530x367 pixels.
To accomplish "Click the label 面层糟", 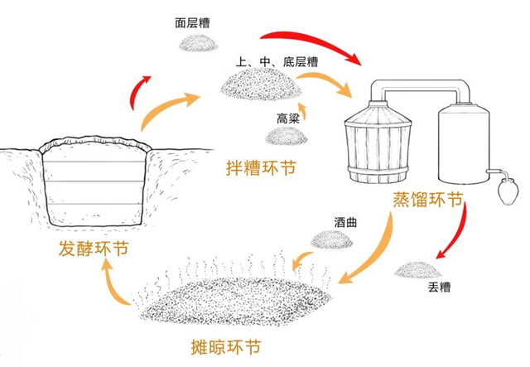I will tap(193, 24).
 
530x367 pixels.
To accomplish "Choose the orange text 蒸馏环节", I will tap(427, 201).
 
